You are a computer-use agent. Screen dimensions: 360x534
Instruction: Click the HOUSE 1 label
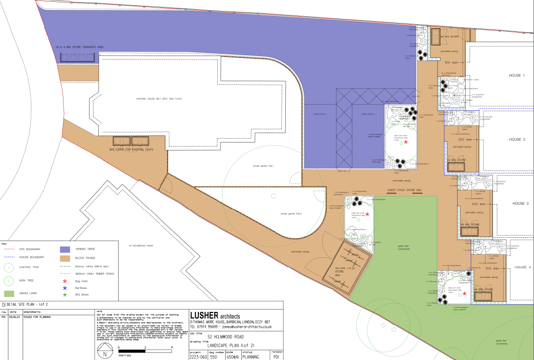(517, 76)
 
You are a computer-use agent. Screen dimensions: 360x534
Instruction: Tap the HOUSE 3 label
(521, 204)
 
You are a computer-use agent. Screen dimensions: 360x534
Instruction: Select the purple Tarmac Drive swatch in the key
(65, 250)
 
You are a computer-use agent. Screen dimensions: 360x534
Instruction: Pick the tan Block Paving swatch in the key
(65, 258)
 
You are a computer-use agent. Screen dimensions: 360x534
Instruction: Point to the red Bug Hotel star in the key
(65, 281)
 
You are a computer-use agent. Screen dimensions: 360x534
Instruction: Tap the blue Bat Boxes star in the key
(65, 288)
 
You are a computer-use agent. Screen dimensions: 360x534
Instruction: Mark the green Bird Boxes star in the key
(65, 295)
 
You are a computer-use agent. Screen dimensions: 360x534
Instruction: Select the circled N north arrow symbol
(105, 354)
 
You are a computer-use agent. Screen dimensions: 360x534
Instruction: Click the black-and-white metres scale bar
(145, 351)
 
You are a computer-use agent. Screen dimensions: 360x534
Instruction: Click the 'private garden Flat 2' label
(291, 214)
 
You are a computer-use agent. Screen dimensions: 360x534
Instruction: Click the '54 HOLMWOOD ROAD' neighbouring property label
(141, 245)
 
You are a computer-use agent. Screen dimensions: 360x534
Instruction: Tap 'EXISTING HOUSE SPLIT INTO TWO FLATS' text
(159, 99)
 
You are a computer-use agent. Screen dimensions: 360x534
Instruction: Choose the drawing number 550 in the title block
(213, 357)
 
